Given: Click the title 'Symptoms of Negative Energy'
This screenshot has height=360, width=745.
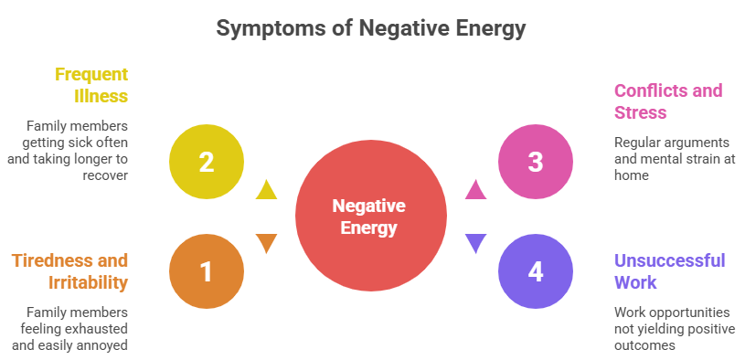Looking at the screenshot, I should [371, 28].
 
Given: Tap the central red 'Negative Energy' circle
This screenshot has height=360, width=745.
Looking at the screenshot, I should [370, 216].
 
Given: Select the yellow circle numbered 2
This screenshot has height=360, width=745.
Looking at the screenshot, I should [207, 162].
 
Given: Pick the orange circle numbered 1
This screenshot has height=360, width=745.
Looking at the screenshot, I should [207, 270].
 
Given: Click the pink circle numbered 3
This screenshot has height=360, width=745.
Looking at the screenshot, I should [536, 162].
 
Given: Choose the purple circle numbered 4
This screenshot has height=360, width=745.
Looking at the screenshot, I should [536, 270].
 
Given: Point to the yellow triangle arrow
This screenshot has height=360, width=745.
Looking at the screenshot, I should [266, 190].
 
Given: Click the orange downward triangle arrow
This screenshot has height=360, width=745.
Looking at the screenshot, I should [266, 243].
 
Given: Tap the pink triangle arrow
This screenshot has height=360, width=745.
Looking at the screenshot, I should [475, 190].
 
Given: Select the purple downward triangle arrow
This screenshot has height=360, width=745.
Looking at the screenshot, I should [475, 243].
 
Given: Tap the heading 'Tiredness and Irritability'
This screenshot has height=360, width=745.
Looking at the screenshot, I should [70, 270].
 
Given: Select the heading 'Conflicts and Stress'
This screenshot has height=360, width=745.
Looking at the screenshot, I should [667, 101].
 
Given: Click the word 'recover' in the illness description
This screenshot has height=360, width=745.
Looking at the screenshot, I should [106, 175].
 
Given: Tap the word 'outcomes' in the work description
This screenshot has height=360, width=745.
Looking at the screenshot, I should [644, 344].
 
